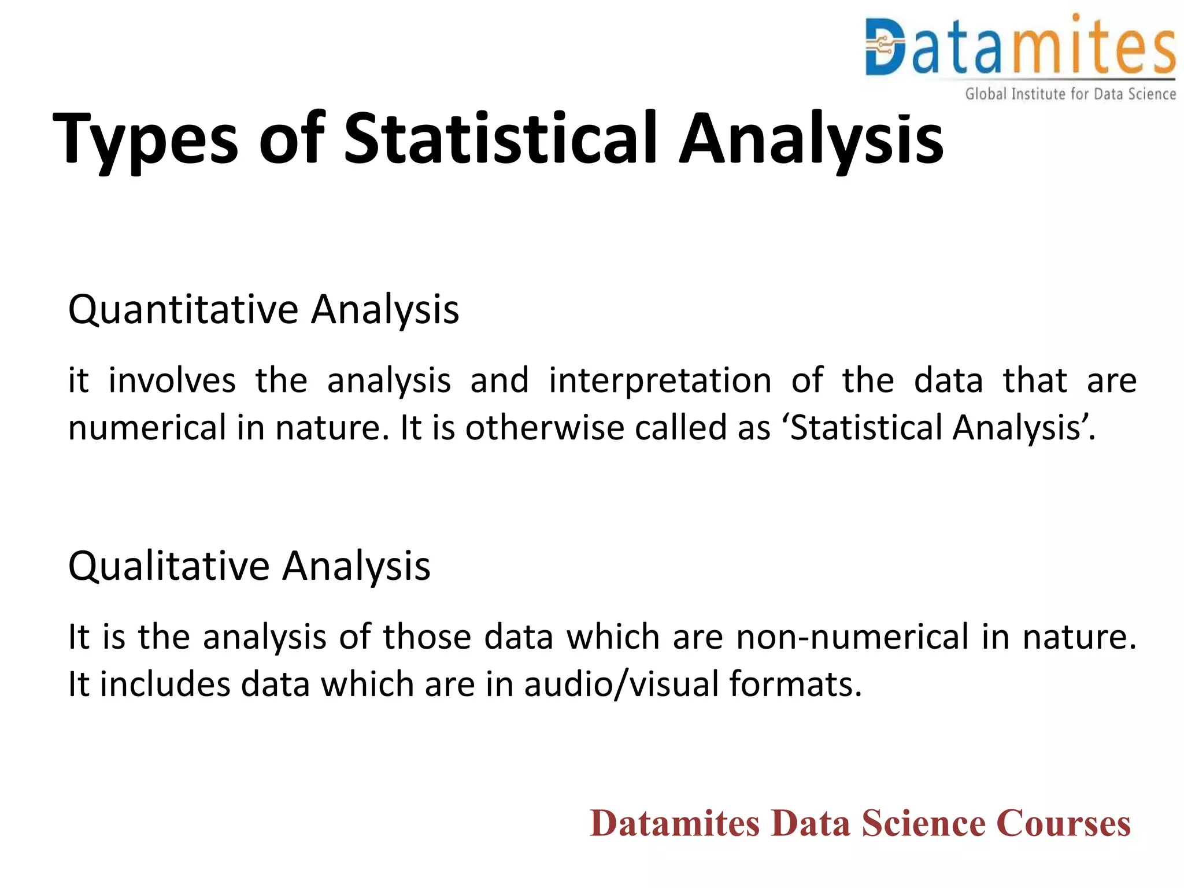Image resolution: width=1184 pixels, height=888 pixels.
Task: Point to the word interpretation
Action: tap(660, 381)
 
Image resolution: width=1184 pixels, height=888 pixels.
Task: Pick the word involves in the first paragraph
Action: tap(172, 381)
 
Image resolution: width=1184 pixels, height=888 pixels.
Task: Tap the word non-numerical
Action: tap(853, 637)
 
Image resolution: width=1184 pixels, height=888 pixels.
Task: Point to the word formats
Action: tap(795, 684)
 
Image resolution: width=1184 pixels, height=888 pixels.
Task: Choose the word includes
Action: tap(165, 684)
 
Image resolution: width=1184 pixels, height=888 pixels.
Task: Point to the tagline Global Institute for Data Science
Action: tap(1070, 94)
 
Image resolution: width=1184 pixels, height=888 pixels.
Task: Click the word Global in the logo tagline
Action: tap(986, 94)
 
